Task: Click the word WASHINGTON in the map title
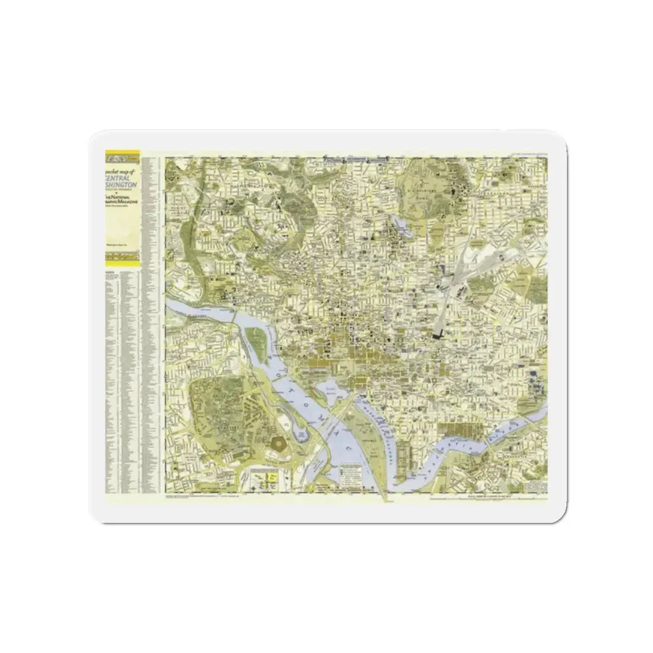[122, 185]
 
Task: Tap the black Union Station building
[440, 335]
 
